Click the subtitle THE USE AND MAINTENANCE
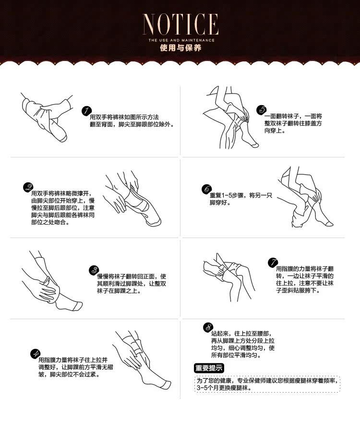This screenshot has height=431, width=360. (x=180, y=40)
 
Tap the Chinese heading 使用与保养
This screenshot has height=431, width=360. (x=180, y=48)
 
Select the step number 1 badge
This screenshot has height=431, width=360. (x=86, y=111)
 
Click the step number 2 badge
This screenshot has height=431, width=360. (x=28, y=187)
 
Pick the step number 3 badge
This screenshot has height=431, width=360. (x=94, y=270)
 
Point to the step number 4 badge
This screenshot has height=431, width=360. (x=35, y=354)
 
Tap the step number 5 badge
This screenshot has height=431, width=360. (x=261, y=110)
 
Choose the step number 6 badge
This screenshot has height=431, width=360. (x=206, y=189)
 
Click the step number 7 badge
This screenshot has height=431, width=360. (x=272, y=263)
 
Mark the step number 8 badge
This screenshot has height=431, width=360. (x=207, y=327)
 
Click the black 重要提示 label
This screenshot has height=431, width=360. (x=209, y=369)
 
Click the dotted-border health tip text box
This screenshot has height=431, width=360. (x=267, y=383)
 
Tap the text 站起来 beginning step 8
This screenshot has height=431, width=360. (x=221, y=333)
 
